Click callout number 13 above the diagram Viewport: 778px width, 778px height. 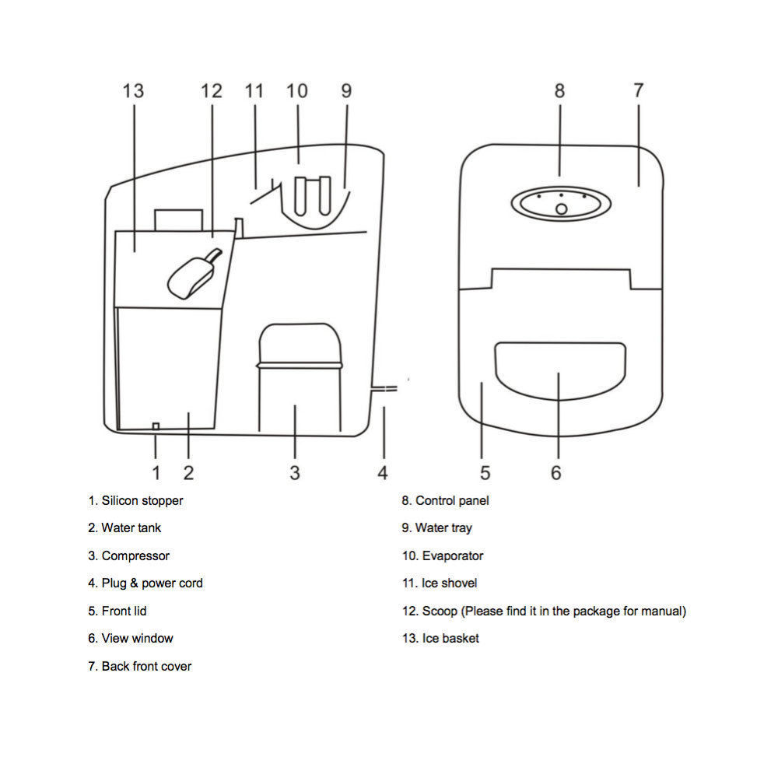133,91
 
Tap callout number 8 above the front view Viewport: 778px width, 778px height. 559,91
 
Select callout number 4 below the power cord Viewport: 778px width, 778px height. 383,473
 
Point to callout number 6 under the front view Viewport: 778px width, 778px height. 556,473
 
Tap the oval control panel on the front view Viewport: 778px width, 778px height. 561,203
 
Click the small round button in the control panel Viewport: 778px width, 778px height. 561,209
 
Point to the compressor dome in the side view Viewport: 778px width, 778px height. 300,345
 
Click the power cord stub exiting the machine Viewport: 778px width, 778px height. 384,388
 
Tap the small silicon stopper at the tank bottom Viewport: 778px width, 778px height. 156,426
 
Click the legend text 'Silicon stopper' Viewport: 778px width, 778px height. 142,500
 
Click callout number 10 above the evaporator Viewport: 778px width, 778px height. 296,91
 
